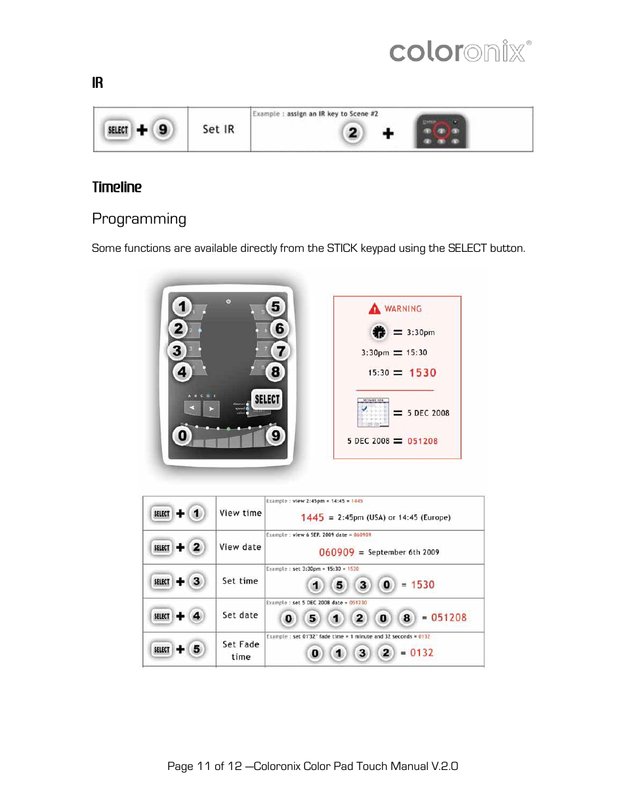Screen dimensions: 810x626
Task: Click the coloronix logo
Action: (460, 51)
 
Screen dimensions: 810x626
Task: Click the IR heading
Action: (97, 83)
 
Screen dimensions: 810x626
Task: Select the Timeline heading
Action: (117, 187)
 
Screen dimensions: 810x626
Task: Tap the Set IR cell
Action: (219, 129)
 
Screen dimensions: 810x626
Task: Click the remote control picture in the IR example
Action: (441, 131)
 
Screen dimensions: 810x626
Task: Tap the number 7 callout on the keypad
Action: (281, 351)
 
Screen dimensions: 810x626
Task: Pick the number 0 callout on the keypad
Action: (182, 435)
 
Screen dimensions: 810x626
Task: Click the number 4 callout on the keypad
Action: (182, 373)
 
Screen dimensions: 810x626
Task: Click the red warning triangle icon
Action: (374, 308)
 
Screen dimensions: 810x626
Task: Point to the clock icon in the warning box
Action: (379, 333)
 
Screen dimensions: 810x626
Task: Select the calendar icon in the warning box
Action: (373, 413)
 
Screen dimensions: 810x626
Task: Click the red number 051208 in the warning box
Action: (423, 441)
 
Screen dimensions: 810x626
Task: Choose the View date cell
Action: (240, 547)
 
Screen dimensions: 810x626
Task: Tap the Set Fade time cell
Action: (241, 650)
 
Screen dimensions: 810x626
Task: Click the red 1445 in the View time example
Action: (312, 517)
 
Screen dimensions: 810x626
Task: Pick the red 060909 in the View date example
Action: (337, 552)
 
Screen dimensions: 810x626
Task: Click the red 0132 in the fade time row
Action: (422, 653)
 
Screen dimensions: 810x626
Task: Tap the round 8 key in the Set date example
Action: (407, 618)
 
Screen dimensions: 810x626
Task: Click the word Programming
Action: (139, 218)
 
